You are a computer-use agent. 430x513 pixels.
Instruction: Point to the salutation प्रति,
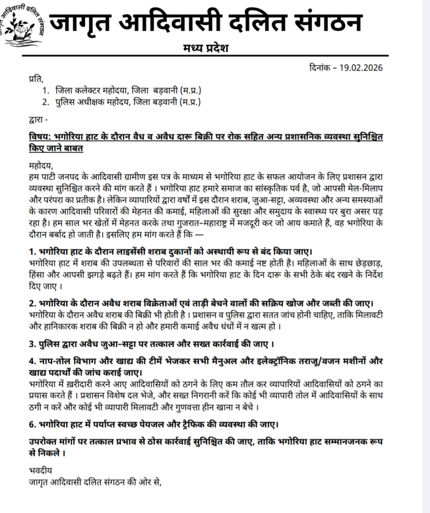[36, 78]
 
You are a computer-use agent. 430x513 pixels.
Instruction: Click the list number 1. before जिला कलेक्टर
[46, 91]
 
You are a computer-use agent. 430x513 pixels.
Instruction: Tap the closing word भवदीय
[41, 471]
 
